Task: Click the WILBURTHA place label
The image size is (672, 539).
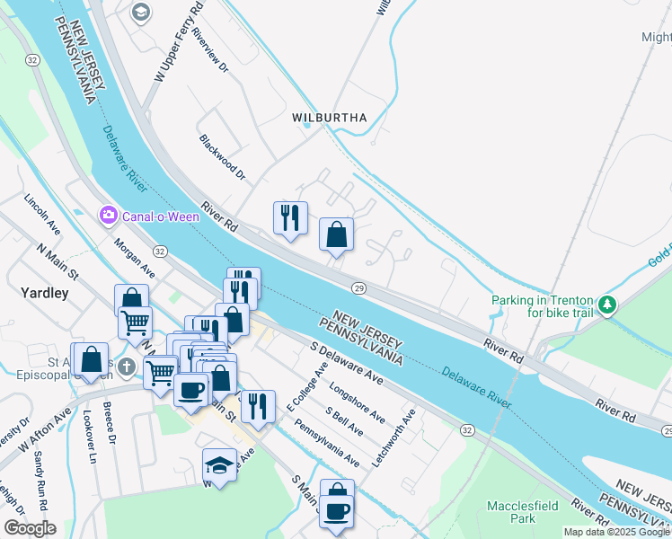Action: click(x=329, y=118)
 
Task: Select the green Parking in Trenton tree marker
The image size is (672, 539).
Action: click(x=608, y=305)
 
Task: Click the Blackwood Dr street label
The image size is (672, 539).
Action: click(x=223, y=157)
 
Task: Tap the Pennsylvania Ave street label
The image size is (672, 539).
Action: click(x=328, y=444)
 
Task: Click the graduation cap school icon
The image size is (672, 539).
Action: click(x=219, y=464)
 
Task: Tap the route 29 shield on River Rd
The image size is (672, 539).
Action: click(x=358, y=287)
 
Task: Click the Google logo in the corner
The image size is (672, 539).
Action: click(x=30, y=528)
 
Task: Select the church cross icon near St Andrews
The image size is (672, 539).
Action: click(x=127, y=367)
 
